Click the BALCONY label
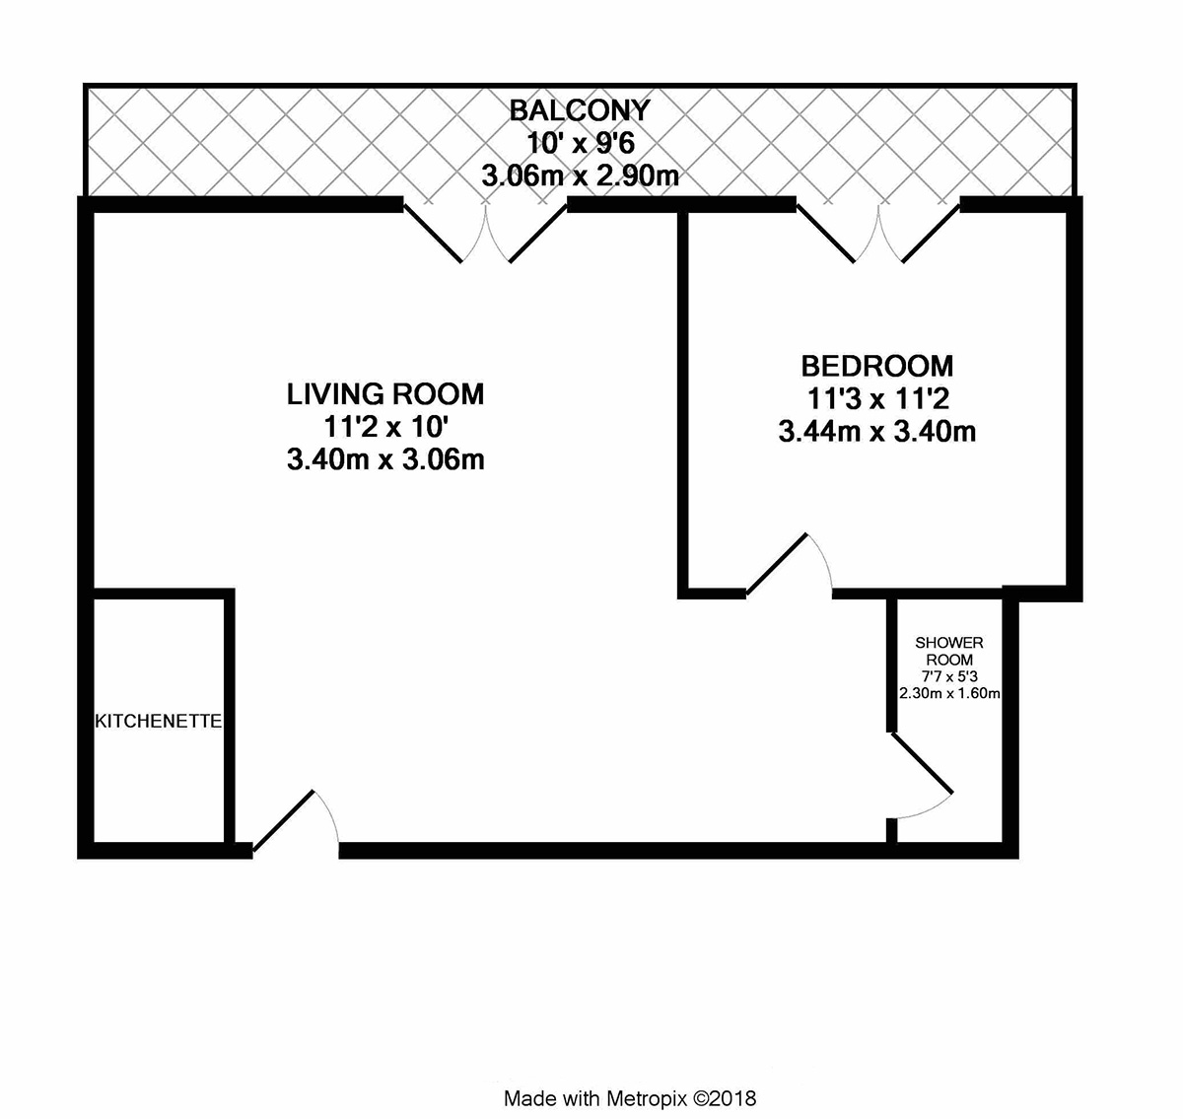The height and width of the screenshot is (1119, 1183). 580,110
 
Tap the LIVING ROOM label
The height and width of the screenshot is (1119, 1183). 385,394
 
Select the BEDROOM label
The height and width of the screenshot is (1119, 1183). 876,366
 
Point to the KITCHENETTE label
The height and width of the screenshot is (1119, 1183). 159,721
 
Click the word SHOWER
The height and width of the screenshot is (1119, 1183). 949,643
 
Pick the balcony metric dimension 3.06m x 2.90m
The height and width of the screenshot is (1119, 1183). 580,175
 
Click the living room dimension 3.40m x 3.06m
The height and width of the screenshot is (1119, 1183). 385,460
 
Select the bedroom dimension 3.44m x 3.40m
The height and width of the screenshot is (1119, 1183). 876,432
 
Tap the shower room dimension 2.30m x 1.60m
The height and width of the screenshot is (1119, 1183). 949,693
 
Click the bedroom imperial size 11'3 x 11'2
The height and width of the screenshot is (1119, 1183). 876,398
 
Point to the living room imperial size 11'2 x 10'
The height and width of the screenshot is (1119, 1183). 385,427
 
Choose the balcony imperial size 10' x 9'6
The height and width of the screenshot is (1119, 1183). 581,143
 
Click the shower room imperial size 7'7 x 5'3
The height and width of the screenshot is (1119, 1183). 949,676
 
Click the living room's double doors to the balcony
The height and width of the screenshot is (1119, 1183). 486,234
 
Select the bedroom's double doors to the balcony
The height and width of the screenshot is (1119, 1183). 878,234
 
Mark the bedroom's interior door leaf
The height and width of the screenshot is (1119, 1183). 776,565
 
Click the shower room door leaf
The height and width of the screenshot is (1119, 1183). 921,763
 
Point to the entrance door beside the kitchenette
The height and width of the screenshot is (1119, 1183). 283,820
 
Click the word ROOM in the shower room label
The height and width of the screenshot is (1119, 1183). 949,660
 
